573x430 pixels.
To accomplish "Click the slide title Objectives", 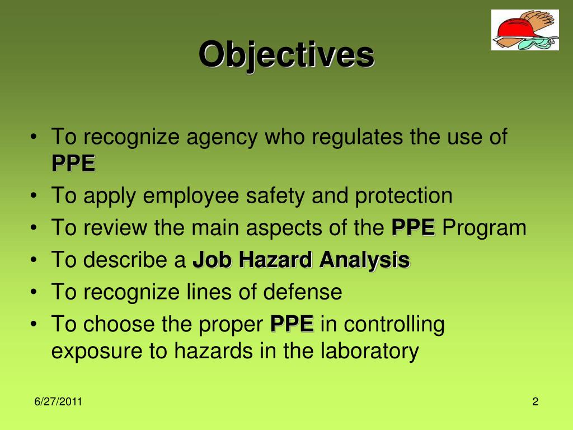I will click(x=286, y=55).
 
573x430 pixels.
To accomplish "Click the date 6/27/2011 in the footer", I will click(x=58, y=402).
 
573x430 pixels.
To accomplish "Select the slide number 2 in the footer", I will click(x=535, y=402).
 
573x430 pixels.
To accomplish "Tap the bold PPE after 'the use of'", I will click(x=73, y=163).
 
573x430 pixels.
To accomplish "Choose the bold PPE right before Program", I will click(x=413, y=228).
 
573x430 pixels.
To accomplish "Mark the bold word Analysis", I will click(x=365, y=260).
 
